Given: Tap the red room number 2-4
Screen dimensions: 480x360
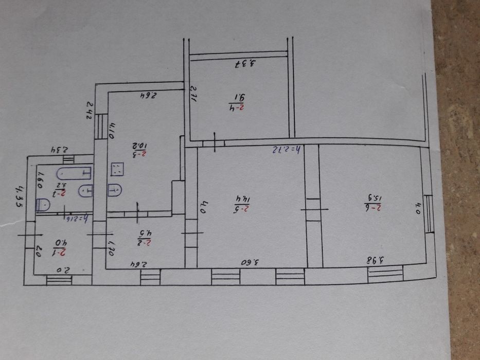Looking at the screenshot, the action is point(239,107).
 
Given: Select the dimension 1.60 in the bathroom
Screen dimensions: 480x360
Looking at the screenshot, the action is point(39,181).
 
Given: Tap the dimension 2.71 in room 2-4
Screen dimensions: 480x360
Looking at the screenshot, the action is point(195,94).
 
